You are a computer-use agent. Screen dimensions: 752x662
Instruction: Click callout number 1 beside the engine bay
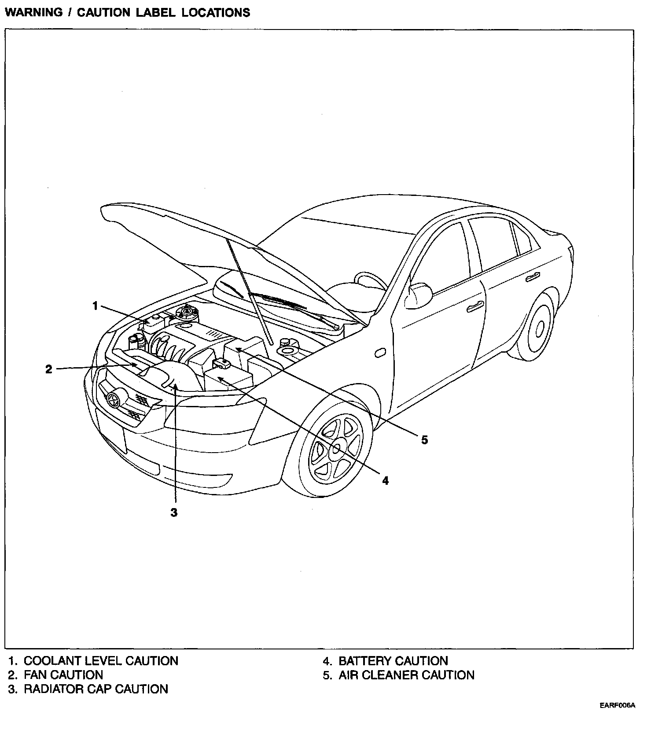[x=95, y=305]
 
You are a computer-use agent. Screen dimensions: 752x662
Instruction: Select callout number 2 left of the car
[x=49, y=369]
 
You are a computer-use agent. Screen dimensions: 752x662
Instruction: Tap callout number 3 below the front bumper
[x=174, y=512]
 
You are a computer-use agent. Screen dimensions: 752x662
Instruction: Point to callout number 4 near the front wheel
[x=386, y=480]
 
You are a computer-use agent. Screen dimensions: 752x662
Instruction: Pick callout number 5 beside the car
[x=424, y=439]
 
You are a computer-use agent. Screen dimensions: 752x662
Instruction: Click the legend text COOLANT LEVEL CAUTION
[x=101, y=661]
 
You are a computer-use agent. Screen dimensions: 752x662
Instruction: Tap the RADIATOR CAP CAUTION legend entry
[x=96, y=689]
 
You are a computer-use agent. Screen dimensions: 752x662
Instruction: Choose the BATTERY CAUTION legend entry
[x=393, y=661]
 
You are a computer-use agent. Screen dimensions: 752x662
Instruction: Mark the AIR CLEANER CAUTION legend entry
[x=406, y=675]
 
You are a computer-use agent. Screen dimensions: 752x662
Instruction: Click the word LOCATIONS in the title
[x=216, y=12]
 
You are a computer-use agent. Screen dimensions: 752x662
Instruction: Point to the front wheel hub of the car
[x=336, y=449]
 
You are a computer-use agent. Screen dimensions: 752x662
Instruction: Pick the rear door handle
[x=533, y=277]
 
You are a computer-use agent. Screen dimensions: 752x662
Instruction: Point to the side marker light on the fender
[x=379, y=353]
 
